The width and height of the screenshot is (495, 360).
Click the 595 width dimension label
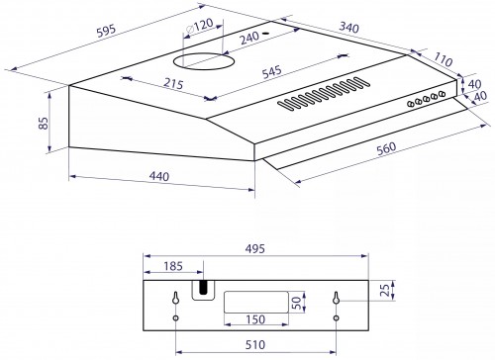(x=106, y=31)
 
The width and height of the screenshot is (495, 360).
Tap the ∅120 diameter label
(x=200, y=26)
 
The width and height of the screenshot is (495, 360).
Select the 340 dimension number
(x=348, y=28)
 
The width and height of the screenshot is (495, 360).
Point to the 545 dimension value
(x=271, y=71)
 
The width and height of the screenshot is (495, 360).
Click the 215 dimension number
(x=173, y=84)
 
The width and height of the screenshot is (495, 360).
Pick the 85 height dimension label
(x=44, y=123)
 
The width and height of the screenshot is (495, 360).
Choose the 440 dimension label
(x=159, y=176)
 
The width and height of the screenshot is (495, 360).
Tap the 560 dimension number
(x=386, y=148)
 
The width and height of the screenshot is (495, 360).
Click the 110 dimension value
(x=443, y=59)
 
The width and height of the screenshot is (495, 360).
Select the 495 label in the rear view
(x=255, y=248)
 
